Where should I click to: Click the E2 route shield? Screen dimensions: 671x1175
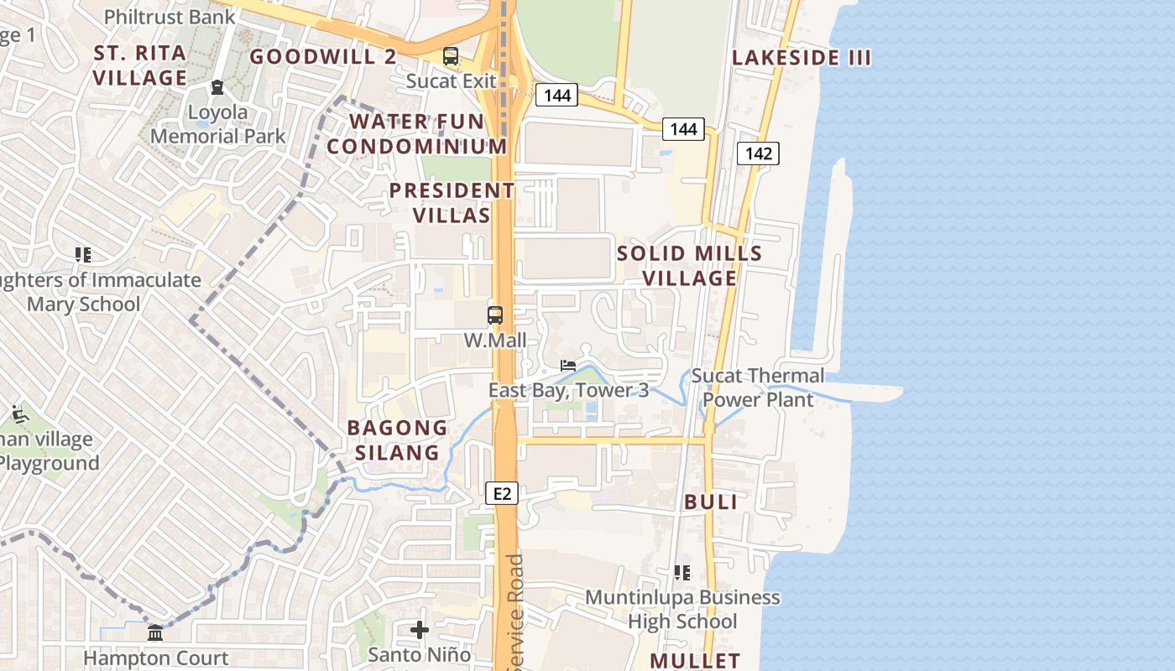point(502,494)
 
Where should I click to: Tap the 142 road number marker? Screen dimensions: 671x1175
point(758,153)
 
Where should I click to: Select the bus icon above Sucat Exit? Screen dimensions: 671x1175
point(451,57)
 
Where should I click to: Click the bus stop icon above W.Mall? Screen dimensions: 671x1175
point(495,316)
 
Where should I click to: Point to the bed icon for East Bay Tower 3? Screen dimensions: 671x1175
point(568,366)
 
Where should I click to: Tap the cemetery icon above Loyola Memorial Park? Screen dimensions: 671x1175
point(217,87)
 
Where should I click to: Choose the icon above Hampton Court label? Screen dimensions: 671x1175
point(155,633)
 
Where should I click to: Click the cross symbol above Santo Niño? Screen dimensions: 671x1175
point(420,629)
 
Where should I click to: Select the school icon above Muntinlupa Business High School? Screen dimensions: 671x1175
point(682,573)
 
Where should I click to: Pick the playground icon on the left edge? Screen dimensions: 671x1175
point(19,414)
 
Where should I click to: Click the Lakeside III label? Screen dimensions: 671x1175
point(802,58)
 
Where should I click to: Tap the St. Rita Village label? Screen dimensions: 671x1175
point(140,65)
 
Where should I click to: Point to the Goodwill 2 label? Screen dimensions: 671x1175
point(323,57)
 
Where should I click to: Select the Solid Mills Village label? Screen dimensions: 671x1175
point(690,266)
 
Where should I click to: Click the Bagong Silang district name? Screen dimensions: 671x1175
point(397,440)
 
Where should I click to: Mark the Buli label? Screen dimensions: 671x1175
point(711,502)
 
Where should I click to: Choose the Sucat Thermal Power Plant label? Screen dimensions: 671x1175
point(758,388)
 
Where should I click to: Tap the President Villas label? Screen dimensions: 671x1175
point(452,203)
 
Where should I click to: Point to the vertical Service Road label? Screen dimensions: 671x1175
point(515,612)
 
